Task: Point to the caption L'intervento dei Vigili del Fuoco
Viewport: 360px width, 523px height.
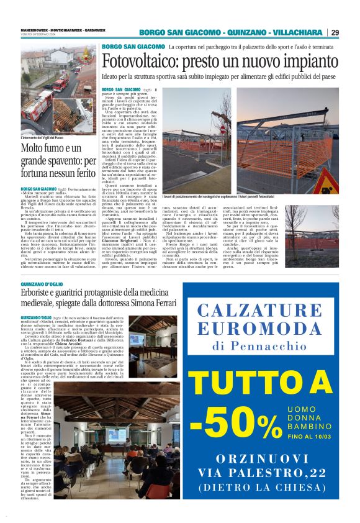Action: click(x=47, y=137)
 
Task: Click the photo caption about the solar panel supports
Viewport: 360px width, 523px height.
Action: click(x=229, y=196)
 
